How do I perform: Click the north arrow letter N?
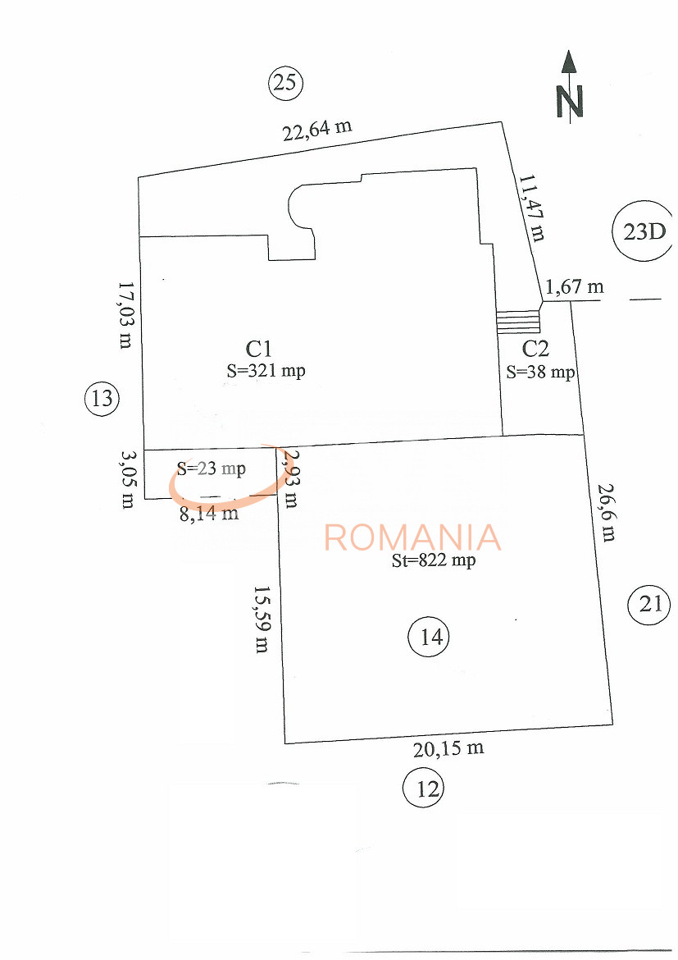click(x=570, y=102)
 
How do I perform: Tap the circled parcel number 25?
click(x=286, y=82)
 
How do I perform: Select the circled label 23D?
click(x=643, y=231)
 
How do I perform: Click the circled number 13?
click(x=102, y=399)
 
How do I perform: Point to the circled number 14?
click(x=429, y=637)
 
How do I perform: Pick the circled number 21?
click(x=649, y=605)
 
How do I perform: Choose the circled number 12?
click(x=424, y=788)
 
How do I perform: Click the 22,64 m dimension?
click(x=317, y=130)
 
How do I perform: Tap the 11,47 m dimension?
click(x=531, y=208)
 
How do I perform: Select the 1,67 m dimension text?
click(x=574, y=286)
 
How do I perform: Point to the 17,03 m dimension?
click(x=126, y=315)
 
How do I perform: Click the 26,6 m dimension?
click(x=607, y=513)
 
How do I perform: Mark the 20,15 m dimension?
click(x=448, y=748)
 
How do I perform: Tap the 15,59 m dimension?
click(x=262, y=619)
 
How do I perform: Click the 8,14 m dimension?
click(x=209, y=513)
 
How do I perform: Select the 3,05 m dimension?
click(x=127, y=479)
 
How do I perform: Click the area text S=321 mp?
click(x=266, y=370)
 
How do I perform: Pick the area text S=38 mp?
click(x=540, y=372)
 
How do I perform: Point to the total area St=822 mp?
click(x=434, y=560)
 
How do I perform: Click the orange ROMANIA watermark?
click(x=412, y=537)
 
